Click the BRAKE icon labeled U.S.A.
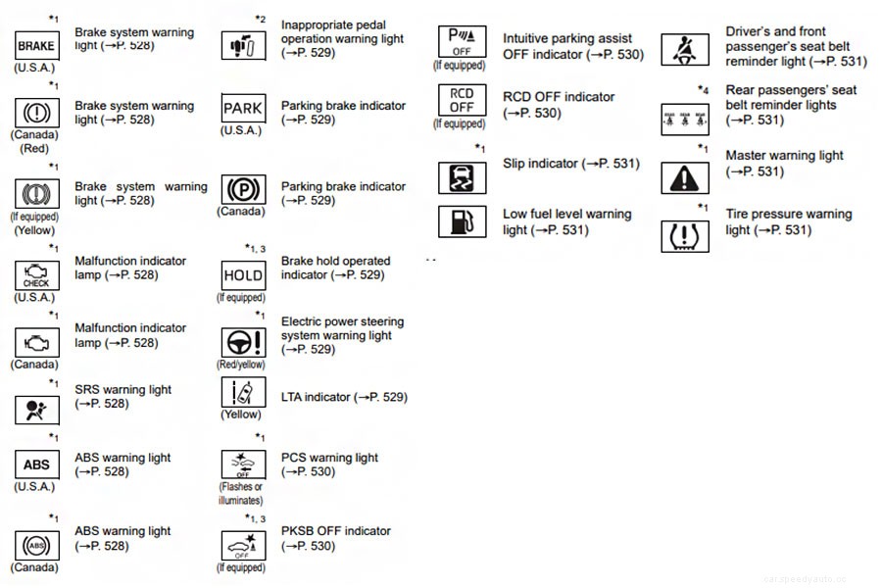36,45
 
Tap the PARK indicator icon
243,108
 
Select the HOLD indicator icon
243,275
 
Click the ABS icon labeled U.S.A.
36,465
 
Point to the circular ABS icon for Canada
36,545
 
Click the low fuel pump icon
461,221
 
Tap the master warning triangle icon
685,177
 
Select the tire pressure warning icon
685,236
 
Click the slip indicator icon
461,177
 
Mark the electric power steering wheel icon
243,342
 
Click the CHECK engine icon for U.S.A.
36,275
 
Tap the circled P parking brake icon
243,188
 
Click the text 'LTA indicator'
316,397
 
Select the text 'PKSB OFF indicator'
335,531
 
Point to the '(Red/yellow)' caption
242,365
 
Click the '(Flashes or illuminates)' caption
241,493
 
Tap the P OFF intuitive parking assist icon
461,42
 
